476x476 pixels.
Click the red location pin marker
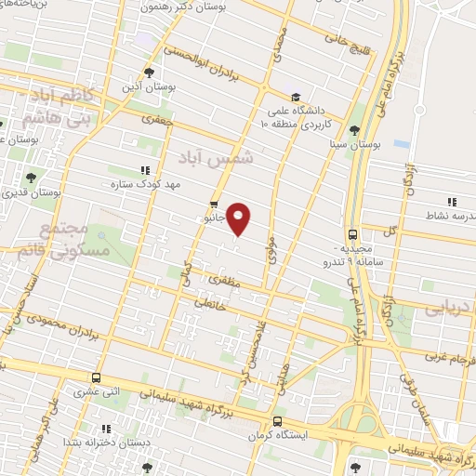240,218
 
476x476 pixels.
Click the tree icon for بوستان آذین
149,73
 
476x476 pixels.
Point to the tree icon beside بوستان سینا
354,129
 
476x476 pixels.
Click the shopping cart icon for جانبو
215,205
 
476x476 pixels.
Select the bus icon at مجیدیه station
352,235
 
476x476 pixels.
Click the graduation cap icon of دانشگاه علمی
295,96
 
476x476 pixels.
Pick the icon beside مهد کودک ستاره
144,170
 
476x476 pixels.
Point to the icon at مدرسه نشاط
451,201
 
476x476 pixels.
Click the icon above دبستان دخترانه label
106,429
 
